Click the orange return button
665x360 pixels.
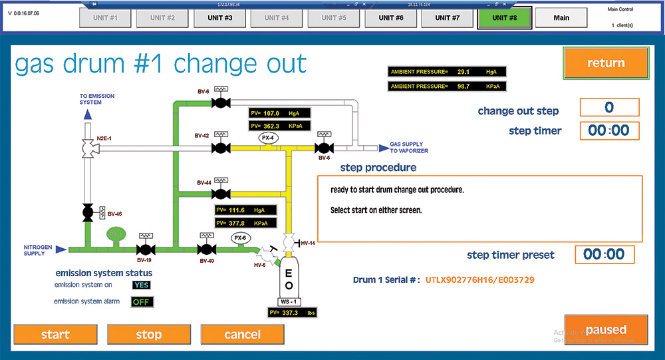[x=605, y=63]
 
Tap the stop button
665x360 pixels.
[x=148, y=334]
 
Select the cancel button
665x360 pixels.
[x=242, y=334]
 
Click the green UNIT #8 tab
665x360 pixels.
[x=504, y=18]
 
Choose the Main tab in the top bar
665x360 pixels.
[x=561, y=18]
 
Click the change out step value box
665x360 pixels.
[x=609, y=107]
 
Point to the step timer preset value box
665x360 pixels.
[x=604, y=254]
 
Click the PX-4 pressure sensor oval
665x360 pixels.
[x=268, y=138]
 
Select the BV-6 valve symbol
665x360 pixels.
[x=219, y=102]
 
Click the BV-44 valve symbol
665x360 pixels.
[x=219, y=194]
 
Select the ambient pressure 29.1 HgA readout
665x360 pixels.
[x=446, y=71]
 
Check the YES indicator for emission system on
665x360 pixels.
[x=142, y=285]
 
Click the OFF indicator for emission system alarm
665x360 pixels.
[x=142, y=302]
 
